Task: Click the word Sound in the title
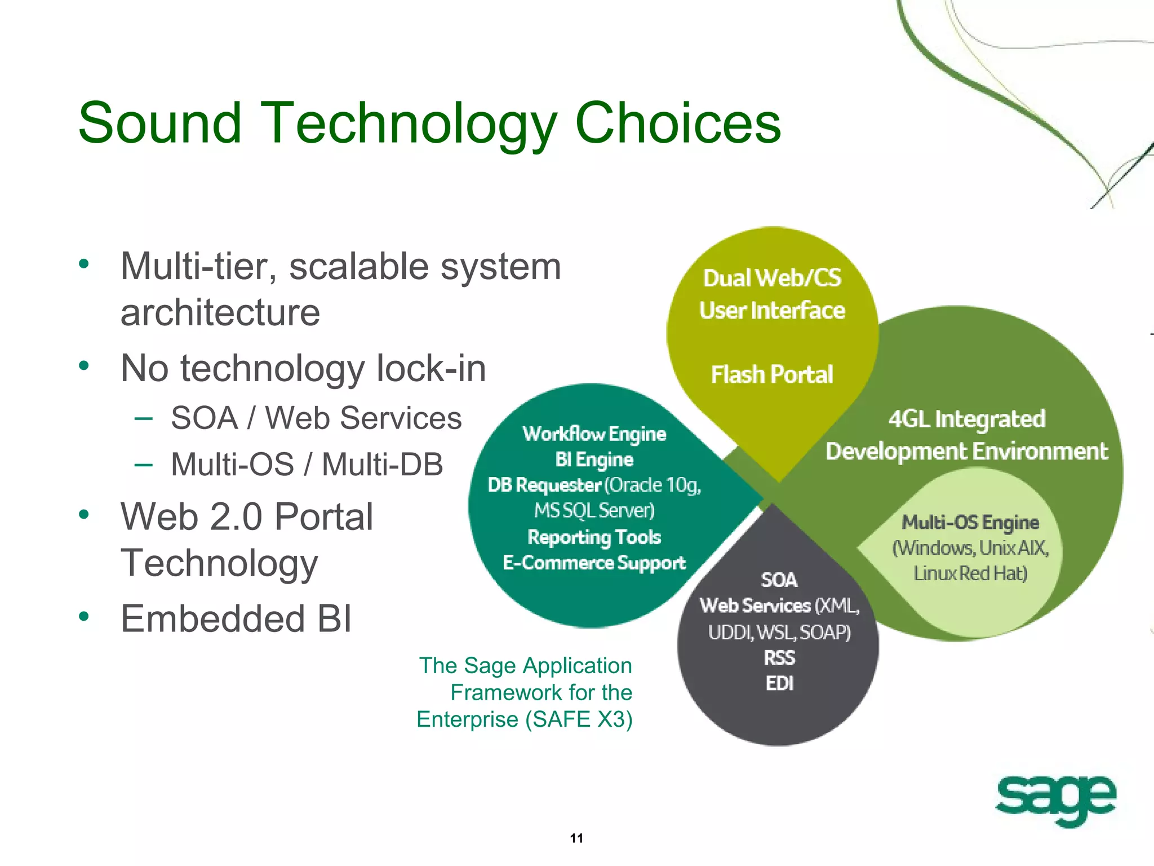[x=160, y=123]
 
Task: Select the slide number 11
[x=576, y=838]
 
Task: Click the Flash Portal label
[x=772, y=375]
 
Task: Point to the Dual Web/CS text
[x=772, y=278]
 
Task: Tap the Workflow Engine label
[x=594, y=434]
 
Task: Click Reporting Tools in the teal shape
[x=594, y=537]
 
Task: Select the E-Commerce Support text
[x=594, y=563]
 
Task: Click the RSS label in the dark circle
[x=779, y=657]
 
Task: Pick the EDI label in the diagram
[x=779, y=683]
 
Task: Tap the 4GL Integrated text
[x=967, y=419]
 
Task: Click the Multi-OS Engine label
[x=970, y=522]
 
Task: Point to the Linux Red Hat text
[x=970, y=573]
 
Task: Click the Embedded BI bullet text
[x=236, y=618]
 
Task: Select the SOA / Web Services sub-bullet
[x=316, y=418]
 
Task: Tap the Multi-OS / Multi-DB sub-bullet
[x=307, y=465]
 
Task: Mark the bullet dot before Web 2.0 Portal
[x=84, y=514]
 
